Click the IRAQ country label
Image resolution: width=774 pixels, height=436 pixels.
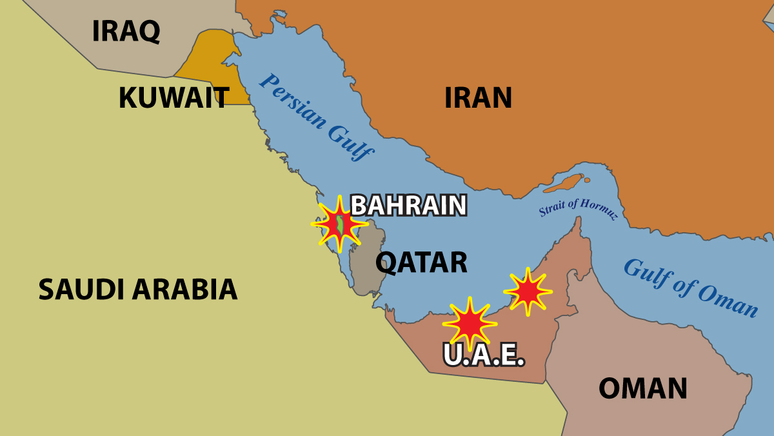(x=126, y=31)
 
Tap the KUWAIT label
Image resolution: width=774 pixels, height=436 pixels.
(x=174, y=98)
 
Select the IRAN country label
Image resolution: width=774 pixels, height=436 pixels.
(x=478, y=98)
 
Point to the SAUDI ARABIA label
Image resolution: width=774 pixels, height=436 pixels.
(x=138, y=290)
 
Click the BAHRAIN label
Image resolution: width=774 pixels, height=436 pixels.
(x=408, y=206)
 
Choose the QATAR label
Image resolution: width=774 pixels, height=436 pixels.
(x=421, y=263)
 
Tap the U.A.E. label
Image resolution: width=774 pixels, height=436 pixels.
(x=483, y=355)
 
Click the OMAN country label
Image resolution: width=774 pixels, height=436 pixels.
(x=642, y=388)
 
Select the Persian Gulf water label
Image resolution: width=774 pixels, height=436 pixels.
(x=317, y=117)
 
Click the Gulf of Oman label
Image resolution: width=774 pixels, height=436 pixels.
(x=691, y=288)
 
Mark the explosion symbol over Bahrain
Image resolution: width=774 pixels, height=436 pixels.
(x=339, y=224)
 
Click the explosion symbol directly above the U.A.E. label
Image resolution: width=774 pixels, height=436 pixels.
(x=470, y=322)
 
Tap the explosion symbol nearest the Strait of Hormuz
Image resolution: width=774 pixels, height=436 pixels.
(x=528, y=292)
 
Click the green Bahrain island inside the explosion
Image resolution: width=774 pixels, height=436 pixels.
(x=339, y=224)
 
